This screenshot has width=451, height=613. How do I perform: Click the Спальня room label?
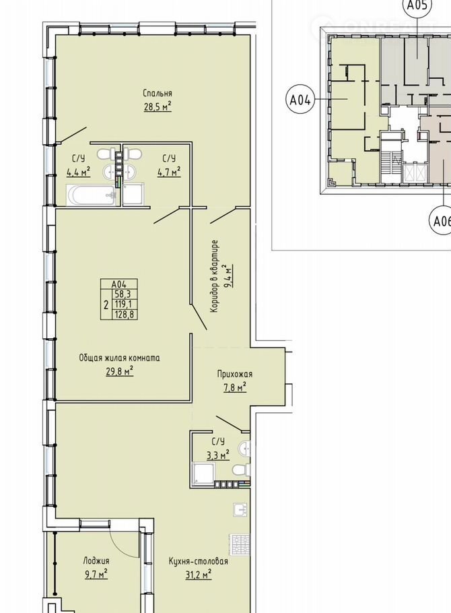[x=158, y=94]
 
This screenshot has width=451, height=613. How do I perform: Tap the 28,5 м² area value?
[x=158, y=106]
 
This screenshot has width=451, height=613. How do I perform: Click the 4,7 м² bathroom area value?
[x=169, y=172]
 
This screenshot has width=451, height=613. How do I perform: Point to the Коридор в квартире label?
[x=214, y=276]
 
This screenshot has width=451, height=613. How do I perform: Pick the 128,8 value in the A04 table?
[x=125, y=314]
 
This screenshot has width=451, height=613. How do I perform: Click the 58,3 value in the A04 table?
[x=123, y=294]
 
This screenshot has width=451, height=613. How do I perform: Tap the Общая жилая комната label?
[x=120, y=358]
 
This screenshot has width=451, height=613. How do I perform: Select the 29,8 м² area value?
[x=120, y=370]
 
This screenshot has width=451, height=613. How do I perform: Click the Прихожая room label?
[x=235, y=374]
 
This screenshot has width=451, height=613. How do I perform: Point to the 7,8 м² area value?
[x=234, y=387]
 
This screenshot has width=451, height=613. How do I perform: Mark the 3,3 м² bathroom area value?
[x=217, y=455]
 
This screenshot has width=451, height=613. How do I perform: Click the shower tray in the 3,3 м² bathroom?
[x=203, y=473]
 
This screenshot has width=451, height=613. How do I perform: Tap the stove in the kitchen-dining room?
[x=240, y=544]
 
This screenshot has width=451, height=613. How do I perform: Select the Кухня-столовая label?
[x=198, y=561]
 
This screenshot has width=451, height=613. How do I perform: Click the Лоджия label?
[x=96, y=561]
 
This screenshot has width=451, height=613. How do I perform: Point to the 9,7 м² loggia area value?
[x=96, y=574]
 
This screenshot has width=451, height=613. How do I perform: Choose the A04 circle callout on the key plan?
[x=300, y=100]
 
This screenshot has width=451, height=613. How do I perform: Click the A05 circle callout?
[x=417, y=5]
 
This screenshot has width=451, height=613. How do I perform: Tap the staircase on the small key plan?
[x=390, y=163]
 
